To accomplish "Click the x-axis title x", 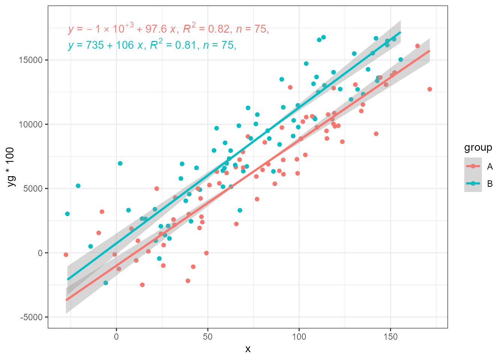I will pos(248,349).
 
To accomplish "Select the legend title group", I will pos(478,148).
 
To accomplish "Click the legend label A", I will pos(490,166).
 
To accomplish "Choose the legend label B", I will pos(490,184).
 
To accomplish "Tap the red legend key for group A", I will pos(473,166).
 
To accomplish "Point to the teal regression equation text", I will pos(152,45).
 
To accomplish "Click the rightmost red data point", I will pos(430,89).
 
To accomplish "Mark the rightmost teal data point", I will pos(400,60).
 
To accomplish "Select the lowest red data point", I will pos(142,285).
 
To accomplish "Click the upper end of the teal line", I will pos(400,32).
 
